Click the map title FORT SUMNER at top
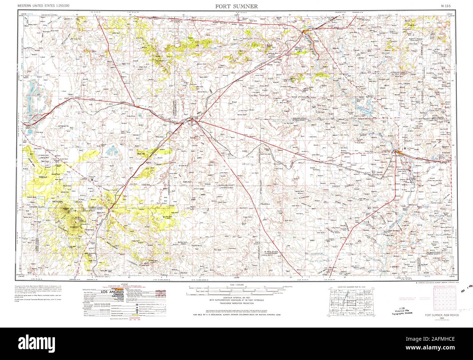coord(236,6)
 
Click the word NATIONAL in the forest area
coord(58,202)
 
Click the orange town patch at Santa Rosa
coord(305,33)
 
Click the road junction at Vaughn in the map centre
coord(192,119)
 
